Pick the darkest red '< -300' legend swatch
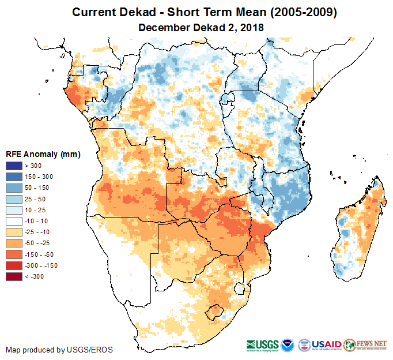[14, 276]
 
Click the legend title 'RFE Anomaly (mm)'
[43, 155]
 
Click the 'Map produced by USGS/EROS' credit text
[59, 350]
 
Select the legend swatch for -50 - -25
[14, 243]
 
